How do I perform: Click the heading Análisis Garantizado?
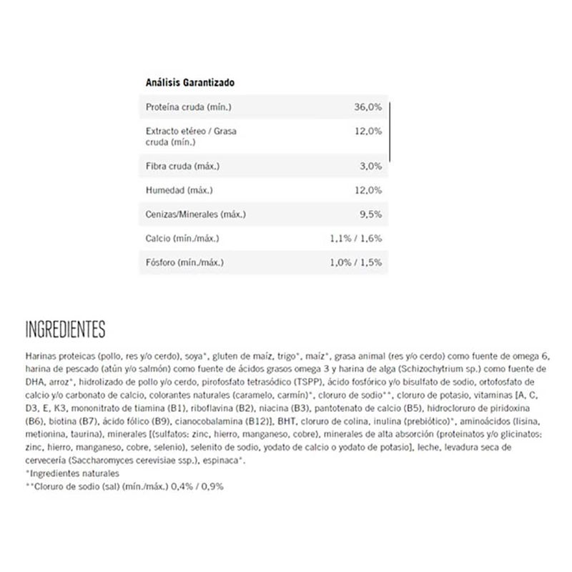pyautogui.click(x=190, y=82)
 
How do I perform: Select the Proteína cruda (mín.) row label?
pyautogui.click(x=189, y=107)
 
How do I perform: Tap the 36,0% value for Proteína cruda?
pyautogui.click(x=369, y=107)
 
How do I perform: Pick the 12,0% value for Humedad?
pyautogui.click(x=369, y=190)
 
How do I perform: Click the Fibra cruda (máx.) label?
pyautogui.click(x=182, y=166)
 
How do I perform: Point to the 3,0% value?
pyautogui.click(x=372, y=166)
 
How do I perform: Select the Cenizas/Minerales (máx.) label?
pyautogui.click(x=196, y=214)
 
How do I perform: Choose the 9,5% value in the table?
pyautogui.click(x=372, y=214)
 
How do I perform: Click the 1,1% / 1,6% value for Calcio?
pyautogui.click(x=357, y=238)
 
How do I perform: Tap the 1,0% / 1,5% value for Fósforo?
pyautogui.click(x=357, y=262)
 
